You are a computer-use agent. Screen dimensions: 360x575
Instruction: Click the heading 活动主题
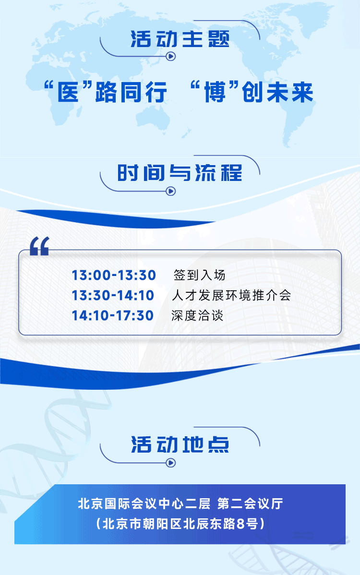(180, 39)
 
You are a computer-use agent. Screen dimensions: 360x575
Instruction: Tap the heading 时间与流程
(180, 173)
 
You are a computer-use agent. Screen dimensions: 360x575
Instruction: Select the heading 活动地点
(180, 444)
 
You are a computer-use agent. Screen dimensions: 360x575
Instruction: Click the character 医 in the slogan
(68, 92)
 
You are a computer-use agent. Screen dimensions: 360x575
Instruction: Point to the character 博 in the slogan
(215, 92)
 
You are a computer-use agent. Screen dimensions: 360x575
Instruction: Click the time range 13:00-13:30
(114, 275)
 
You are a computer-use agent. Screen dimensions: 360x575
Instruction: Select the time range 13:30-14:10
(113, 295)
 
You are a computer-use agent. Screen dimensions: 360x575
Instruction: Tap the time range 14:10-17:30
(112, 315)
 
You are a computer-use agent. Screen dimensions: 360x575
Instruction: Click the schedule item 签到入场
(199, 275)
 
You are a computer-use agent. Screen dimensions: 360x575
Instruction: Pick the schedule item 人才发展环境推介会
(231, 295)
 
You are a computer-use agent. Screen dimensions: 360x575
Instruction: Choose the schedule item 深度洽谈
(197, 315)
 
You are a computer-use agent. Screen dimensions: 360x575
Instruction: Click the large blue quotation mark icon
(39, 246)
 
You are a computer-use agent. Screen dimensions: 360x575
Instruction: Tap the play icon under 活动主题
(171, 56)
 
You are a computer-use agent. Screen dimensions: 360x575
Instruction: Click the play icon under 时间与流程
(171, 191)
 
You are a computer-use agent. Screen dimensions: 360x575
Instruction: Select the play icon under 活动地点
(171, 463)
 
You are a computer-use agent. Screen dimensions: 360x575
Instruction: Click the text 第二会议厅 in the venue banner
(250, 503)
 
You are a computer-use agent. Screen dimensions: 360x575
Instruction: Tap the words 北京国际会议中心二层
(144, 503)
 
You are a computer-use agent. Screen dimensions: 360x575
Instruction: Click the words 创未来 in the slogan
(277, 92)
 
